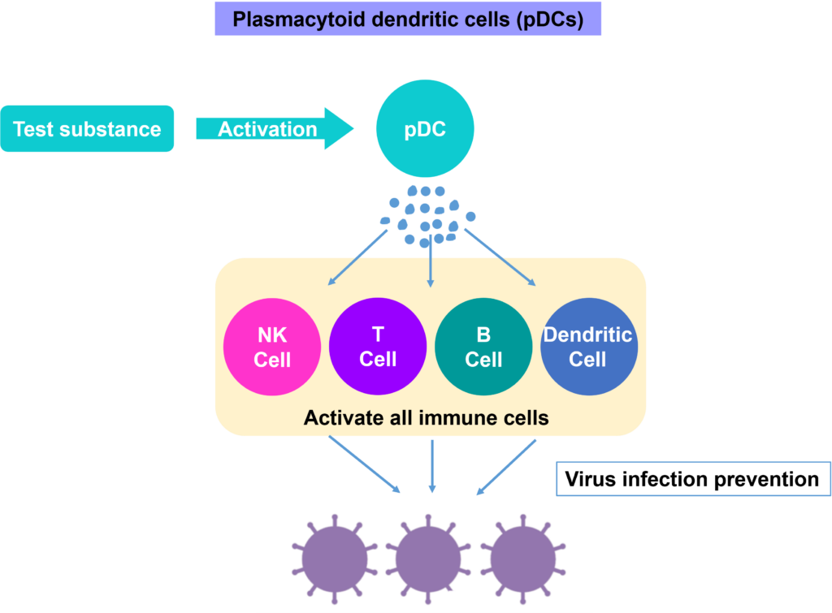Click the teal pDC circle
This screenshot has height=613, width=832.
(425, 128)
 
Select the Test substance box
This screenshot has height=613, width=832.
(87, 128)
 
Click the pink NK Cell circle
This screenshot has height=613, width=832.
(272, 348)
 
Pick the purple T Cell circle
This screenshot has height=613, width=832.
(378, 347)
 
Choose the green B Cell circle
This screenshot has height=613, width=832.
(483, 348)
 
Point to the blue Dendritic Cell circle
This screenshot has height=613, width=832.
(588, 348)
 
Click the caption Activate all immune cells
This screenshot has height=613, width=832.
(426, 418)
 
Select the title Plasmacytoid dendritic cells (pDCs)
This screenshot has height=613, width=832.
(408, 19)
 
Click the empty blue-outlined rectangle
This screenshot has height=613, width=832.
(693, 478)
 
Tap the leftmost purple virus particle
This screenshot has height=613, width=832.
(335, 560)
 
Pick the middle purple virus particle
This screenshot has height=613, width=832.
(429, 560)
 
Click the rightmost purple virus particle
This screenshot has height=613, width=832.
(523, 560)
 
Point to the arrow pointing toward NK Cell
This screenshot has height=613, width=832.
(357, 257)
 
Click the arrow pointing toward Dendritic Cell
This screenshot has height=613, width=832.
(500, 257)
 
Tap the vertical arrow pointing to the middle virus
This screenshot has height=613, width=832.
(432, 466)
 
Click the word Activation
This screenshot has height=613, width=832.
(267, 128)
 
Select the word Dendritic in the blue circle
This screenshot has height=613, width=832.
(587, 335)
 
